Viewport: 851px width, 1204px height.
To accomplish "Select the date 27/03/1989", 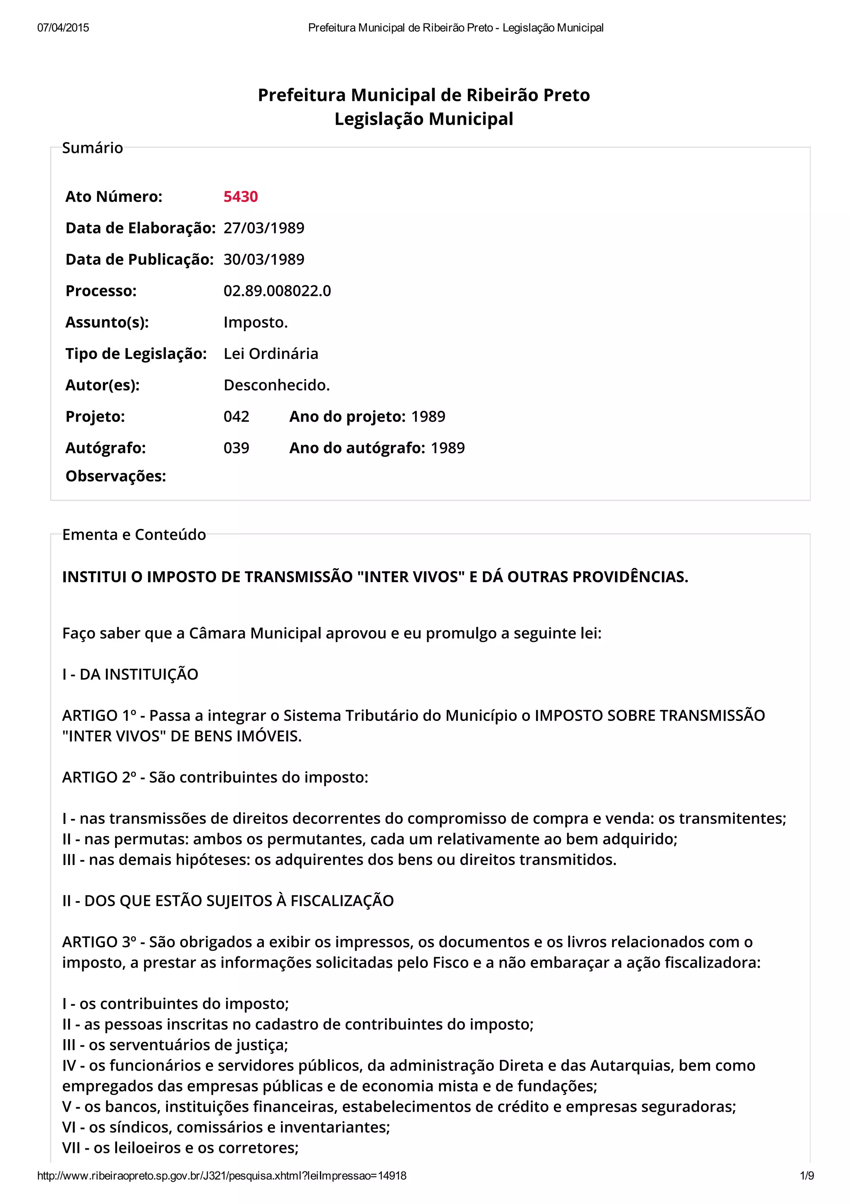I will [264, 228].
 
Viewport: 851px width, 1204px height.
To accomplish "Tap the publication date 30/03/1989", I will [264, 260].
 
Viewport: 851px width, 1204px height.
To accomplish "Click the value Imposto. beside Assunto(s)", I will [256, 322].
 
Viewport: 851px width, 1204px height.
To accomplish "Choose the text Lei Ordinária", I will [271, 354].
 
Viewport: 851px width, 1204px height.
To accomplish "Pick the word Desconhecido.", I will [276, 386].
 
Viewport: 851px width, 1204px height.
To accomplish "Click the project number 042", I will [236, 417].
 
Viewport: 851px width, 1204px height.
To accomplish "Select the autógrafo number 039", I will [236, 448].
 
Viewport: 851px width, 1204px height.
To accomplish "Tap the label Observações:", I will [116, 476].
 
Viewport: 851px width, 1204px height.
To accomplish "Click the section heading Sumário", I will [92, 148].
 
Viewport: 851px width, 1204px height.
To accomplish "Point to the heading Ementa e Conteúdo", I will [134, 534].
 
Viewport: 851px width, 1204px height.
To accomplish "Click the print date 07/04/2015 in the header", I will [63, 28].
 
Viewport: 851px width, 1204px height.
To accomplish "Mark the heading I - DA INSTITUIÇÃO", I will [130, 674].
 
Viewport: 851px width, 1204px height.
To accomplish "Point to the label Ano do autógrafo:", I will [357, 448].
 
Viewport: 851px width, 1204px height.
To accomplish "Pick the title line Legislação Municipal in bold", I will [424, 119].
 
